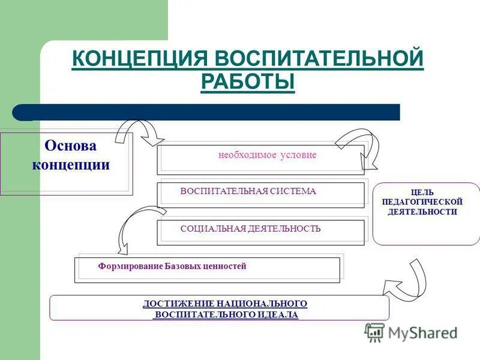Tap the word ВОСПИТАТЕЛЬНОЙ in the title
319,60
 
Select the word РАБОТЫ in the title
248,82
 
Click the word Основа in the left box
71,146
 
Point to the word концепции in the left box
71,165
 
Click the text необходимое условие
267,155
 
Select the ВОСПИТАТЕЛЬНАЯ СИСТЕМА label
248,191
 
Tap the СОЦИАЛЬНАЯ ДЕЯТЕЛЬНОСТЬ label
250,229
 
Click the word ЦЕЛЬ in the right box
427,193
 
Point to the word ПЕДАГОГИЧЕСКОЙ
427,202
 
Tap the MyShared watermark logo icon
375,332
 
